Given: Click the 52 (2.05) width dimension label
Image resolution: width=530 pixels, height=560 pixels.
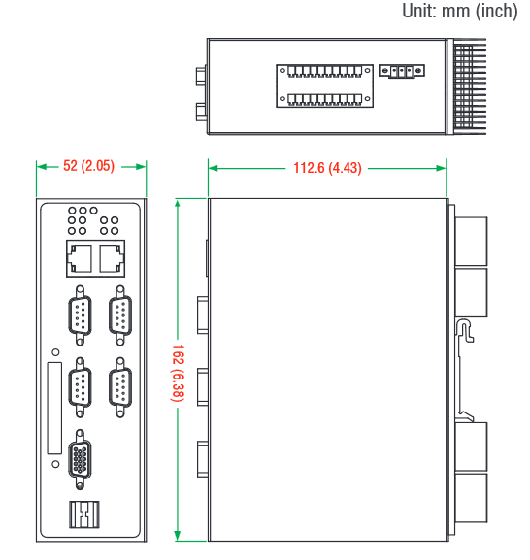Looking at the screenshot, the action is click(x=88, y=166).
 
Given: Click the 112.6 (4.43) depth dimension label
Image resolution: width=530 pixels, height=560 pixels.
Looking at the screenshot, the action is click(x=327, y=168).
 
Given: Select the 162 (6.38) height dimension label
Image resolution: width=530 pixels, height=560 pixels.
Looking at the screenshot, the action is click(x=178, y=373).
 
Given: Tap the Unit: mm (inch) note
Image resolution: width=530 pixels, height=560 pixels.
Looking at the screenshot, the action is click(x=460, y=11).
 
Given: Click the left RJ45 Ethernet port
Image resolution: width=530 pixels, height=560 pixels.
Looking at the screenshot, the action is click(x=80, y=258).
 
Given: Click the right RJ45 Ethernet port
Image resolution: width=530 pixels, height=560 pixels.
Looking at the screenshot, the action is click(x=112, y=258).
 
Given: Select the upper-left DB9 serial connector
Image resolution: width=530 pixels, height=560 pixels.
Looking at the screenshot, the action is click(x=80, y=315).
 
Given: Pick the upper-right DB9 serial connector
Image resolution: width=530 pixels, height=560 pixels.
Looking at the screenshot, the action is click(x=120, y=315).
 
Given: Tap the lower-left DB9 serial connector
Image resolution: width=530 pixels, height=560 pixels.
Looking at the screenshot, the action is click(x=80, y=387).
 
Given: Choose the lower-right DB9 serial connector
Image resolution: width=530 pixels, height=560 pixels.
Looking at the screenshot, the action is click(x=120, y=387).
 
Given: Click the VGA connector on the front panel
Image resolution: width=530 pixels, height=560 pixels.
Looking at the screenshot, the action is click(x=80, y=459).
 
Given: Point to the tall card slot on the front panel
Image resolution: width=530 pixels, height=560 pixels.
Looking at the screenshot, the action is click(x=54, y=409).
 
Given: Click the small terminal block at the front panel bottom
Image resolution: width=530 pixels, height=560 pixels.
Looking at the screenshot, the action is click(x=83, y=514).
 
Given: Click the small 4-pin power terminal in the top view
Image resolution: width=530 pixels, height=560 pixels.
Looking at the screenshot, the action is click(x=402, y=71).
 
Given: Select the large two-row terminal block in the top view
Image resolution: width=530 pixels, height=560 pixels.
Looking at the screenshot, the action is click(x=324, y=85).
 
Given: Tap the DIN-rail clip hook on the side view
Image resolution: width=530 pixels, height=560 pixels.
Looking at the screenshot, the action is click(x=465, y=330).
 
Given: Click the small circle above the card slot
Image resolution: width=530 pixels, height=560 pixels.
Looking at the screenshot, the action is click(x=55, y=352).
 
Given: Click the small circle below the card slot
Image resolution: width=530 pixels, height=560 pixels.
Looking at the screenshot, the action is click(x=55, y=464).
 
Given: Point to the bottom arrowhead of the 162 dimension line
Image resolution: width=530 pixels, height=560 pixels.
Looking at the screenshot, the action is click(x=178, y=536).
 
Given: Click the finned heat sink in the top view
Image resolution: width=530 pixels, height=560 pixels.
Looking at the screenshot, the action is click(x=469, y=86).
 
